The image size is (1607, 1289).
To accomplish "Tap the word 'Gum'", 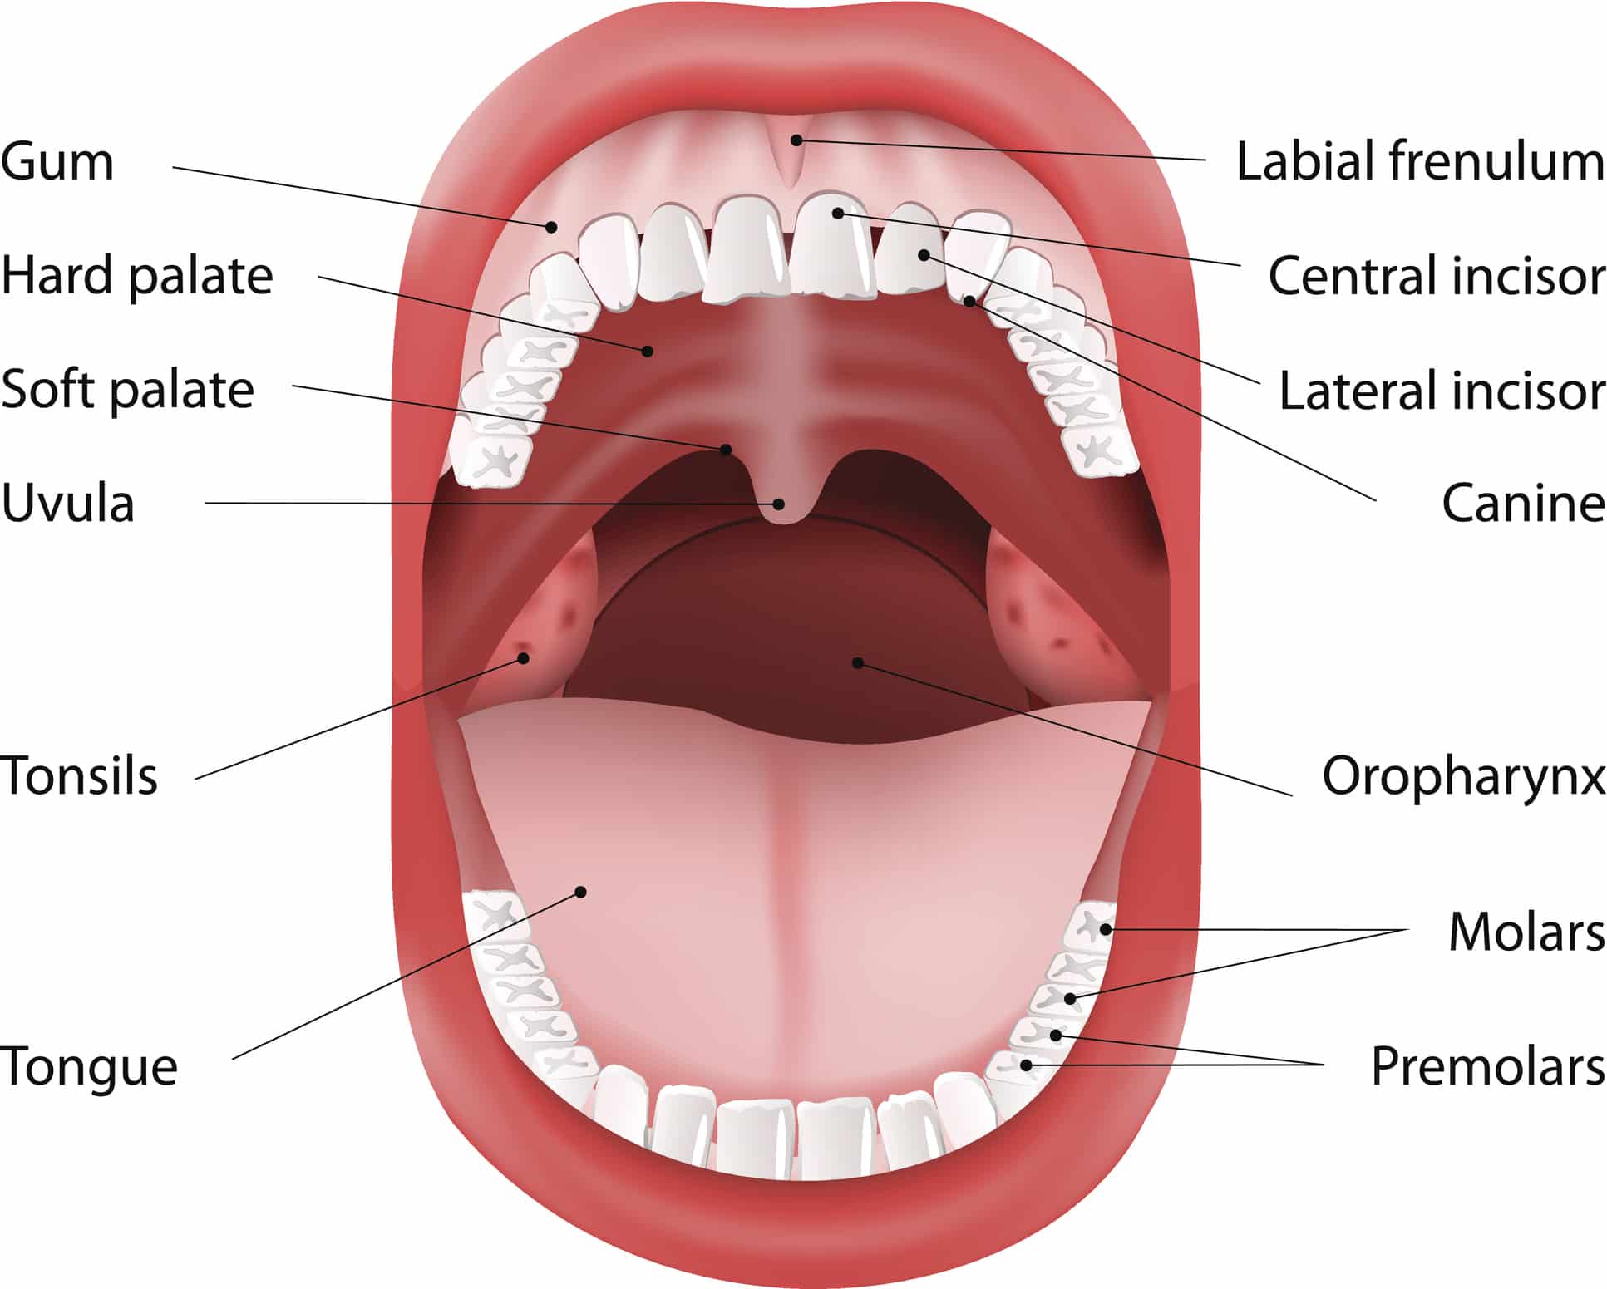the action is point(57,161).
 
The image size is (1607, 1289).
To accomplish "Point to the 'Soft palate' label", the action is point(127,389).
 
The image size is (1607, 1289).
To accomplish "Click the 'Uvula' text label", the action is point(67,503).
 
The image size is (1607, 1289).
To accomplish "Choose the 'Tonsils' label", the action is point(79,775).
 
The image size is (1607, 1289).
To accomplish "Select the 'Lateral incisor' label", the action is point(1442,390).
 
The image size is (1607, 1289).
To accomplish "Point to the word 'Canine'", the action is point(1523,503).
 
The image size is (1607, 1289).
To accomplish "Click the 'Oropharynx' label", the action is point(1463,777).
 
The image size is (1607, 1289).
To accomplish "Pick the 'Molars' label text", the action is point(1526,931).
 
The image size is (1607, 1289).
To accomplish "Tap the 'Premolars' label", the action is point(1487,1066).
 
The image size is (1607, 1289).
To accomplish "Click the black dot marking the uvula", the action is point(779,504).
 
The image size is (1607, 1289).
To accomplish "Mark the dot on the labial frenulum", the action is point(796,140).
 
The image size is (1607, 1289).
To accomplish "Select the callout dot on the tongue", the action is point(581,892).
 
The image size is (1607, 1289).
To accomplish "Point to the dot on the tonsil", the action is point(524,658).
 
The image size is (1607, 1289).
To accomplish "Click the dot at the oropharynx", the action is point(858,662).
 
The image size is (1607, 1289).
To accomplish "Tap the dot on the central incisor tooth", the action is point(838,214).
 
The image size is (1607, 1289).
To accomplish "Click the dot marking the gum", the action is point(551,226).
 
